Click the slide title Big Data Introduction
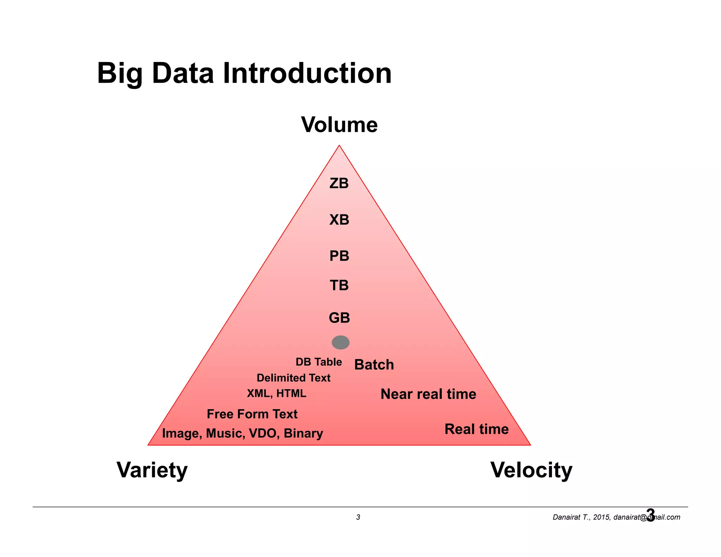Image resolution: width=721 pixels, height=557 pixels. click(244, 74)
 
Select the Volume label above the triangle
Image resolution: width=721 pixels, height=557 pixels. click(339, 125)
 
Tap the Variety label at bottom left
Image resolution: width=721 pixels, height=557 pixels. click(152, 470)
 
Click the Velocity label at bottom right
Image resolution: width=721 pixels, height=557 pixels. click(531, 470)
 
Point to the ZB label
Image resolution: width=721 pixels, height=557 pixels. click(339, 183)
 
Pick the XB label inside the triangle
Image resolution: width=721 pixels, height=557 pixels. click(339, 220)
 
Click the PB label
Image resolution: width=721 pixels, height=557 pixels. click(339, 256)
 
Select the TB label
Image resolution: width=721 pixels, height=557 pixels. click(339, 285)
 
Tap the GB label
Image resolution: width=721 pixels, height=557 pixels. click(339, 318)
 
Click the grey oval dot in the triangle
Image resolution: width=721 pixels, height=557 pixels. click(340, 342)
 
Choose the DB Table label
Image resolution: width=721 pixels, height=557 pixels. click(319, 362)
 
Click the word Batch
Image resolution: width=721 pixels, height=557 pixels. click(374, 365)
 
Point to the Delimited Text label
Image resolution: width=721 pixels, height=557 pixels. click(293, 378)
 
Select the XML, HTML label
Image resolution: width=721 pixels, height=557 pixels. click(276, 393)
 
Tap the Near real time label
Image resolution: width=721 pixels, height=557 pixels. click(428, 394)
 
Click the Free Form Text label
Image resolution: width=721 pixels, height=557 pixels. click(252, 414)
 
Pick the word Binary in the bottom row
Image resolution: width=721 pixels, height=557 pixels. click(303, 433)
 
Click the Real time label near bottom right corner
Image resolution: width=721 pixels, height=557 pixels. click(476, 429)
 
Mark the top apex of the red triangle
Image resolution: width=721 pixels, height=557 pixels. click(339, 145)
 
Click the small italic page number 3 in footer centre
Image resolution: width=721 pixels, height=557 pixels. click(358, 517)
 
